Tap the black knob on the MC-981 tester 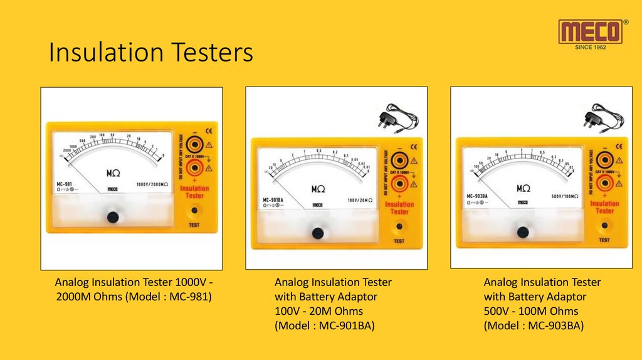[x=113, y=217]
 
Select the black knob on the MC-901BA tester [x=318, y=233]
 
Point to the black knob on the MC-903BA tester [x=523, y=232]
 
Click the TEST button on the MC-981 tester [x=194, y=211]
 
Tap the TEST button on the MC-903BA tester [x=604, y=226]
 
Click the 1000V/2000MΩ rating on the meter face [x=153, y=184]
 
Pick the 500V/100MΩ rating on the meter [x=564, y=196]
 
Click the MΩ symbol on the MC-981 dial [x=113, y=171]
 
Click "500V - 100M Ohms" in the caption [x=530, y=311]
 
